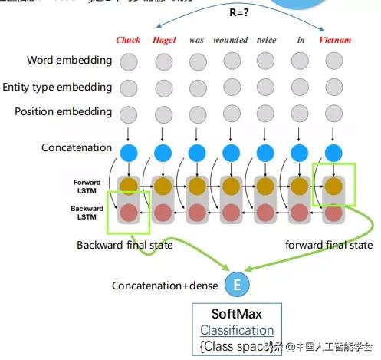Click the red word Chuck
pyautogui.click(x=129, y=39)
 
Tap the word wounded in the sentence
pyautogui.click(x=231, y=39)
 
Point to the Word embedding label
pyautogui.click(x=69, y=60)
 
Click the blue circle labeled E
pyautogui.click(x=237, y=286)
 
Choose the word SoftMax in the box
pyautogui.click(x=236, y=315)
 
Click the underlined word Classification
pyautogui.click(x=236, y=330)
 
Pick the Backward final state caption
pyautogui.click(x=125, y=245)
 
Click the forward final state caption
pyautogui.click(x=329, y=245)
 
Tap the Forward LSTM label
pyautogui.click(x=87, y=187)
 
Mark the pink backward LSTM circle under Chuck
pyautogui.click(x=129, y=213)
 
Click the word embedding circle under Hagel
pyautogui.click(x=163, y=61)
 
